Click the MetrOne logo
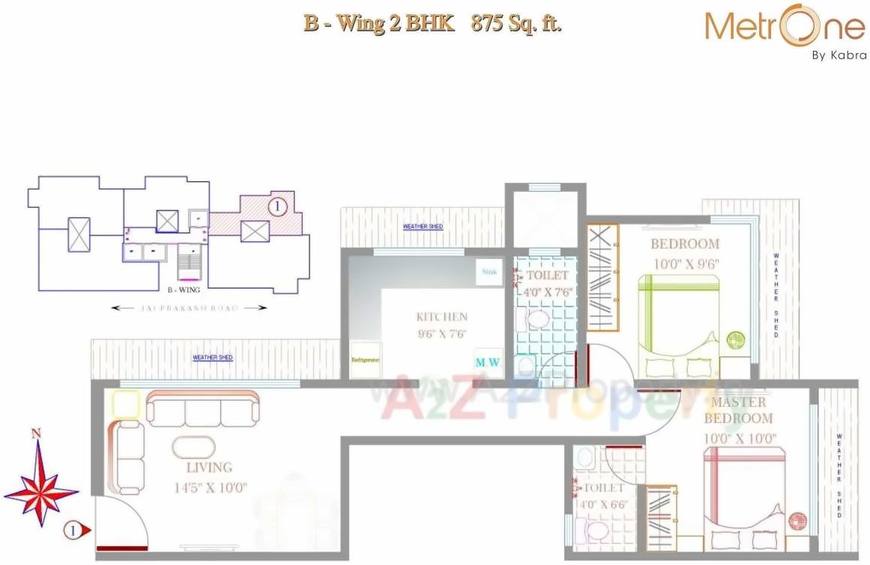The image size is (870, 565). pyautogui.click(x=785, y=28)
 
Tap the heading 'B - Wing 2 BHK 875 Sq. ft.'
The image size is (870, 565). pyautogui.click(x=432, y=23)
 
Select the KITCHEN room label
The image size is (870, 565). pyautogui.click(x=441, y=317)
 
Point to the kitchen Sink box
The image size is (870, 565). pyautogui.click(x=489, y=272)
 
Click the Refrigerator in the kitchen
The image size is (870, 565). pyautogui.click(x=366, y=360)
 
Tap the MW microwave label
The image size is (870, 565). pyautogui.click(x=487, y=363)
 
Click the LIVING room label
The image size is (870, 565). pyautogui.click(x=210, y=468)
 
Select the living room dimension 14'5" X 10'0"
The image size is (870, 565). pyautogui.click(x=210, y=487)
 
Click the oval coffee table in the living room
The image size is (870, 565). pyautogui.click(x=193, y=447)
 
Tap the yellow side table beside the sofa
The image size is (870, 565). pyautogui.click(x=126, y=405)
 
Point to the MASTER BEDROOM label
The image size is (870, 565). pyautogui.click(x=738, y=410)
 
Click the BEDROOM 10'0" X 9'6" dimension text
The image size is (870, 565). pyautogui.click(x=685, y=263)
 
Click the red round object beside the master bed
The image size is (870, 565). pyautogui.click(x=797, y=522)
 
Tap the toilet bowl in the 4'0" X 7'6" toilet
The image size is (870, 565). pyautogui.click(x=537, y=321)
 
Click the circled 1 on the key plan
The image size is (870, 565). pyautogui.click(x=277, y=204)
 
